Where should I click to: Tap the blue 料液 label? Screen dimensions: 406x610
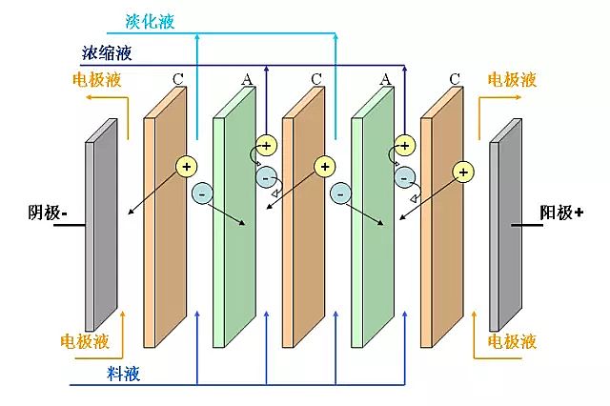pos(123,374)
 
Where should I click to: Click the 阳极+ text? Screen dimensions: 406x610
pos(561,213)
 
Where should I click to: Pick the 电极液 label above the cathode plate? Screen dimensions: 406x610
pos(96,81)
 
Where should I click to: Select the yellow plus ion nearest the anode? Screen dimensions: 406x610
pos(463,172)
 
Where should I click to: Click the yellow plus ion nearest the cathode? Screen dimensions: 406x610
pos(187,166)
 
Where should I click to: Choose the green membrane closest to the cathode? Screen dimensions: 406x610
pos(230,224)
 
